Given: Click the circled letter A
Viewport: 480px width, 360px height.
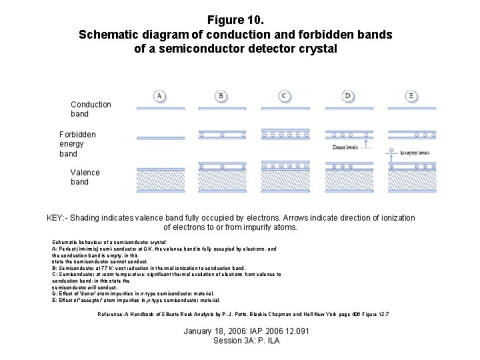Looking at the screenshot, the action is coord(159,96).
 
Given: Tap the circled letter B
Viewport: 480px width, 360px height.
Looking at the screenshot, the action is coord(221,96).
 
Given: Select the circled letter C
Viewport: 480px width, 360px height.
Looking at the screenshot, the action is coord(284,96).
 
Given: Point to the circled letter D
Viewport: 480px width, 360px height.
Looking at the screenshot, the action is coord(347,96).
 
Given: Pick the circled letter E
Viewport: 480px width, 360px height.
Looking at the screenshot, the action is coord(411,96).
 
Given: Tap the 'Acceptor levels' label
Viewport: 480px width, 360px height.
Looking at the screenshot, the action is coord(414,153).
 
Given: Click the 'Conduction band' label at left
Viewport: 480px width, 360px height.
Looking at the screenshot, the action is coord(91,109).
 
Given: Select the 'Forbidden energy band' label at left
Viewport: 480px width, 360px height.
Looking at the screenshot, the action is coord(77,144).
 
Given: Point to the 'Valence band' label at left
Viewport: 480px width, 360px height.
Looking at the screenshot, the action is coord(85,177).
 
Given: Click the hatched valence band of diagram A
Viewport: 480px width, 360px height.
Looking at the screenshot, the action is coord(160,181).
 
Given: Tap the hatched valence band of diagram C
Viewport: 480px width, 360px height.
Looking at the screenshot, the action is coord(283,181).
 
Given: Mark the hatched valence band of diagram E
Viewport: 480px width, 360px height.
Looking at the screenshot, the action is coord(411,181).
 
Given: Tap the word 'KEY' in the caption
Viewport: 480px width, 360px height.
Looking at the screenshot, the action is coord(55,218).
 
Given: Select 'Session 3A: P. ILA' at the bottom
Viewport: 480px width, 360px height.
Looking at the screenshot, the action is coord(246,341).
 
